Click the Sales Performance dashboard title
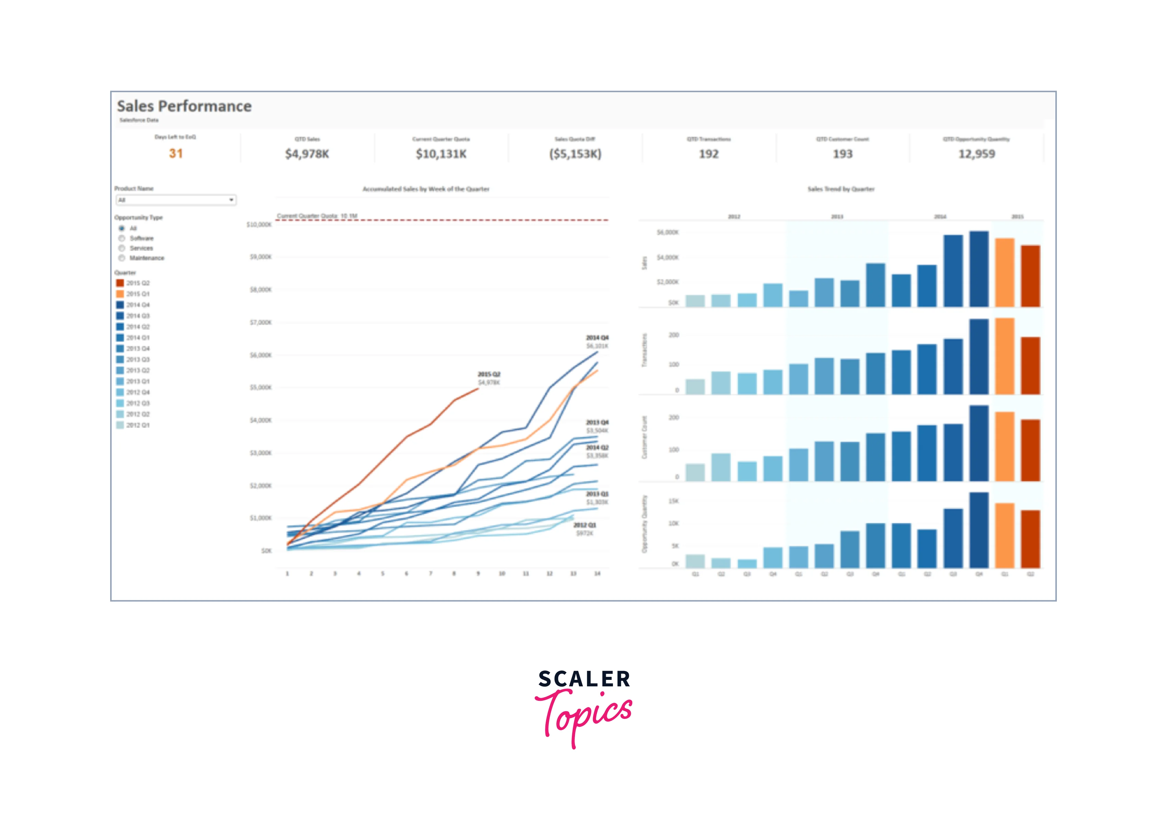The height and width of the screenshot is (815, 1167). [184, 106]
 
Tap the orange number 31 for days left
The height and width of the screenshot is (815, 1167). [176, 153]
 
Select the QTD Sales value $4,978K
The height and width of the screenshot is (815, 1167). [307, 154]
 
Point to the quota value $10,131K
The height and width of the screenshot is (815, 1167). [441, 154]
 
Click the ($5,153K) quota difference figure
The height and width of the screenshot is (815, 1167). [575, 154]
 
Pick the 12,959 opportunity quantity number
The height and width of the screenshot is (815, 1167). [977, 154]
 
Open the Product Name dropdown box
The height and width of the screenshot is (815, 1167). [176, 200]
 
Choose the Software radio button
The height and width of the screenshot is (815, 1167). [122, 238]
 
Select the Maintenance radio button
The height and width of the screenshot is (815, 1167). [122, 258]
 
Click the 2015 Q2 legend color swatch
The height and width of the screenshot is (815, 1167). [120, 283]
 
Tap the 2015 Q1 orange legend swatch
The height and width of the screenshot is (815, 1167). [120, 294]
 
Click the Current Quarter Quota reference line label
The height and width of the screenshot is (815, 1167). [317, 216]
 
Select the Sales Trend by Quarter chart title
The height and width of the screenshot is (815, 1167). [841, 189]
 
